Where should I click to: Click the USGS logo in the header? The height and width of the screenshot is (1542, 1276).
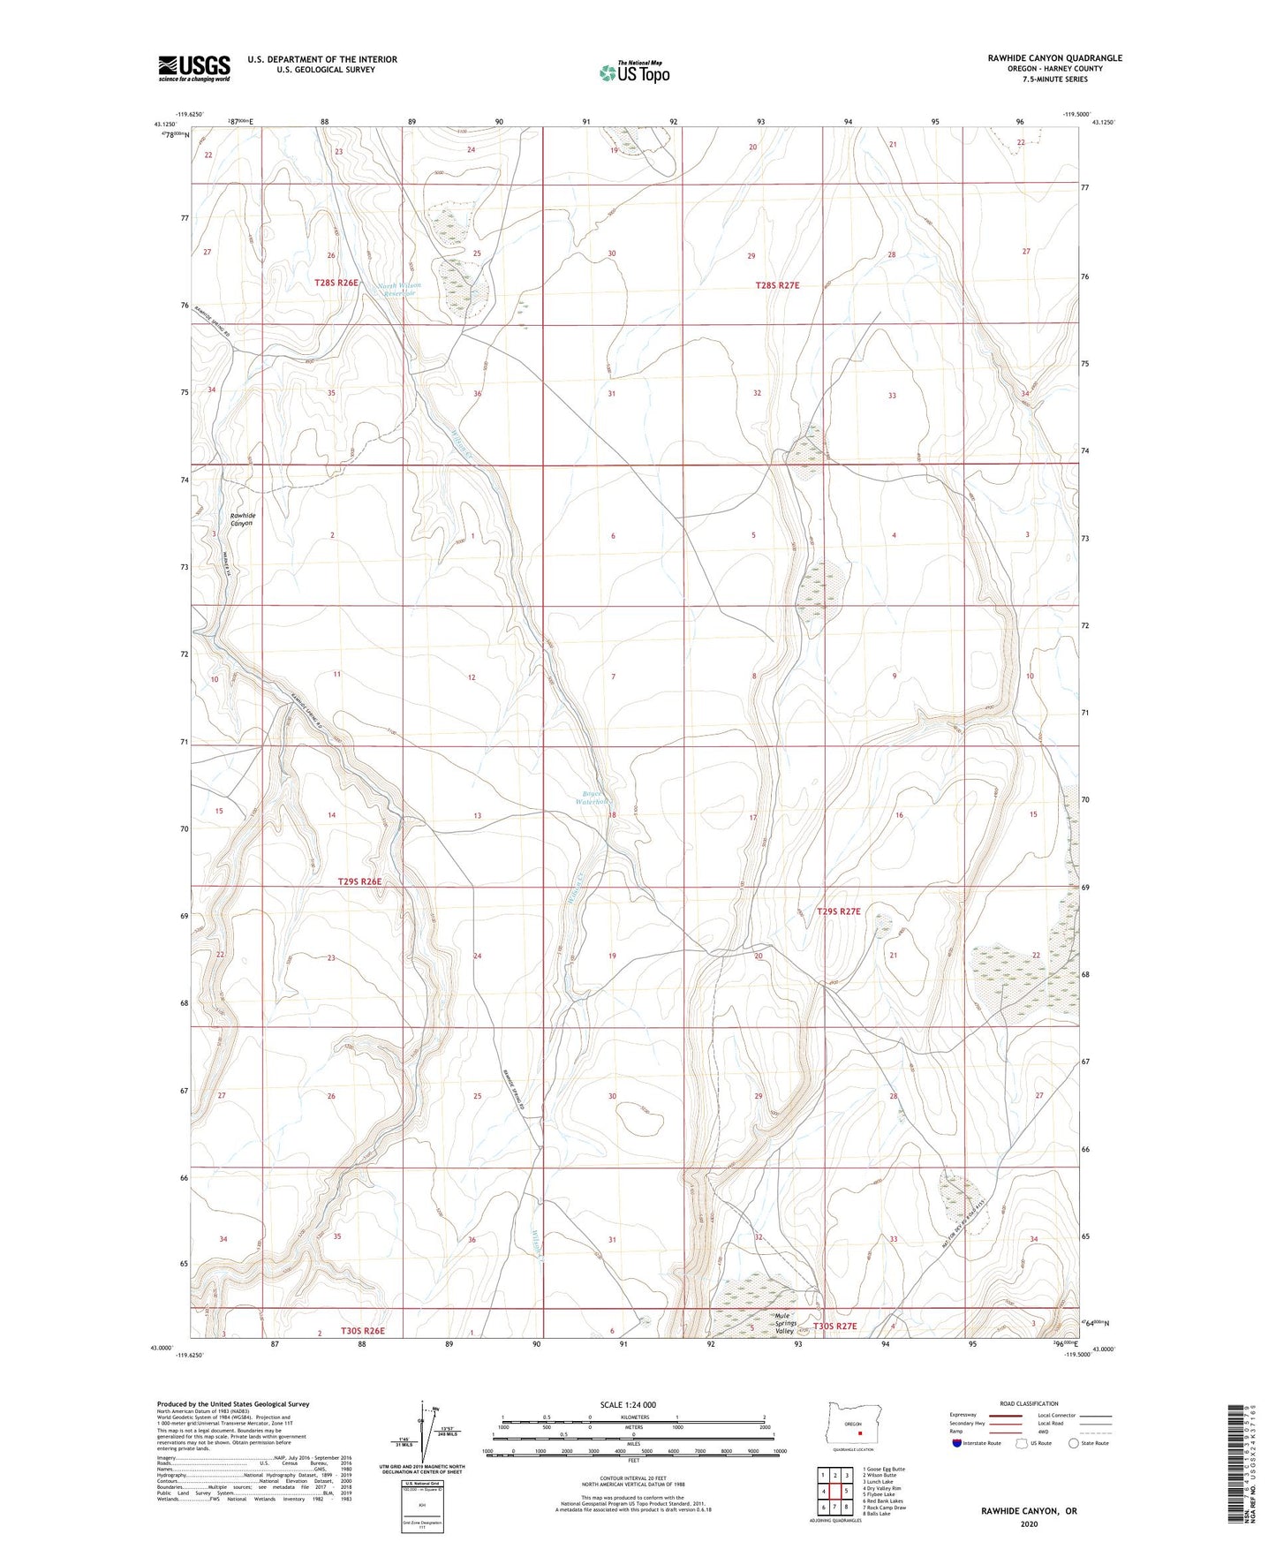[194, 67]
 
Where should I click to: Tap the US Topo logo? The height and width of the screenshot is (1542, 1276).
[634, 72]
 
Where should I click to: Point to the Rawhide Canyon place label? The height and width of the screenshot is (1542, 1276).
[242, 519]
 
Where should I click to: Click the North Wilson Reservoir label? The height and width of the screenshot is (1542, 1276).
[399, 290]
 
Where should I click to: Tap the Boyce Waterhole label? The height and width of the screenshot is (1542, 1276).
[591, 797]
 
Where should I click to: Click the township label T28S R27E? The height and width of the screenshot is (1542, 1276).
[777, 285]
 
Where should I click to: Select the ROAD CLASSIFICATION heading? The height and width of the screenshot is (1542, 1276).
[1029, 1403]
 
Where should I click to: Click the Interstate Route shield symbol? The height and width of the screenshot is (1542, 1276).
[958, 1444]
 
